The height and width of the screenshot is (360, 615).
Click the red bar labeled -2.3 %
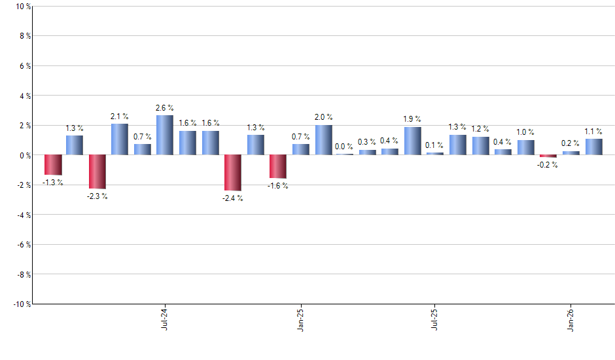click(97, 171)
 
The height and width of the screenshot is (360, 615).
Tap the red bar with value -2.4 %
click(233, 172)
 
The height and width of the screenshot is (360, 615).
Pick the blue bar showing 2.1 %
click(120, 139)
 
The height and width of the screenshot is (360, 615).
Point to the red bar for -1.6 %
click(278, 166)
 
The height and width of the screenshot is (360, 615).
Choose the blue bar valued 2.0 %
click(323, 140)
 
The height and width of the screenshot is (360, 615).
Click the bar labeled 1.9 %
click(413, 141)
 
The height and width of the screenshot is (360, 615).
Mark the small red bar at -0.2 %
click(548, 156)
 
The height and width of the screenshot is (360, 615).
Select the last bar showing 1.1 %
click(593, 147)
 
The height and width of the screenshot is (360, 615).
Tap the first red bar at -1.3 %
click(52, 165)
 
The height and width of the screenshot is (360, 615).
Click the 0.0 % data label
click(345, 147)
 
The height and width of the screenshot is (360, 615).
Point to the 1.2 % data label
click(481, 129)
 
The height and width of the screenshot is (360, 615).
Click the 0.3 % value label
click(367, 142)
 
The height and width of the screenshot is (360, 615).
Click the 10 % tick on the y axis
click(22, 7)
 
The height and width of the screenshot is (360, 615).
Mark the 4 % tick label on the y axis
click(24, 96)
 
